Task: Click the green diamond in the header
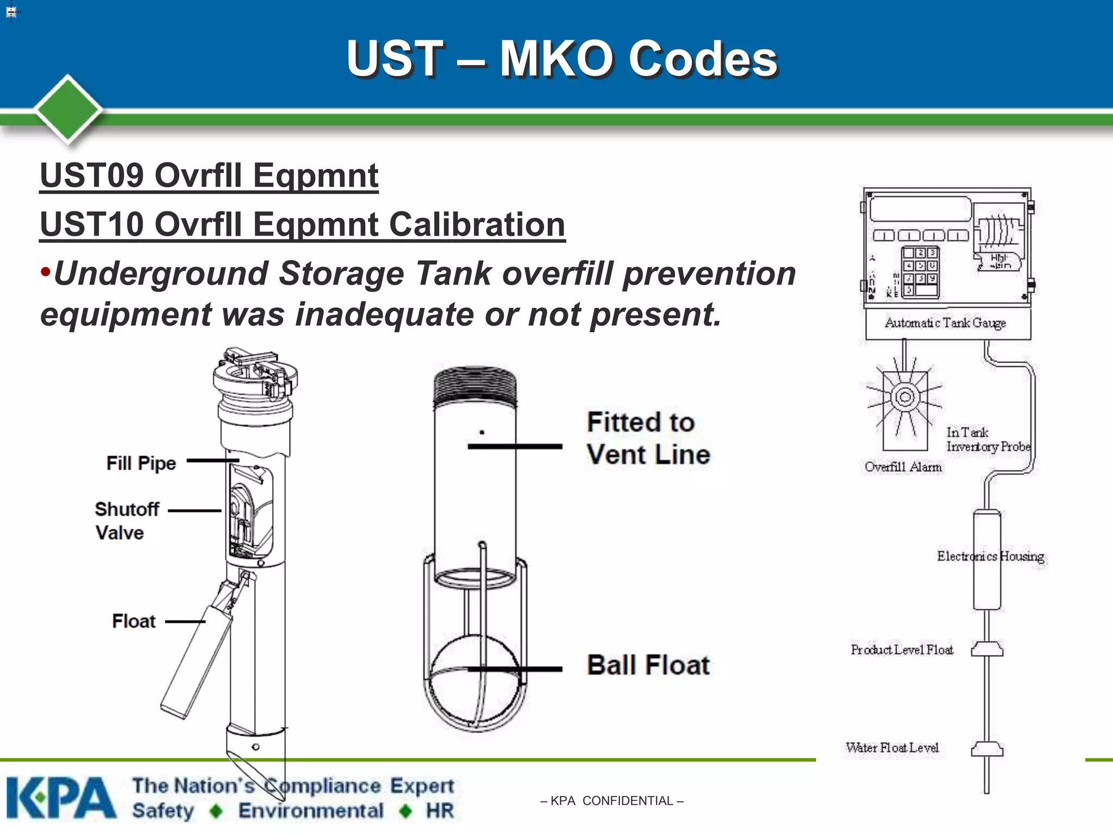coord(68,109)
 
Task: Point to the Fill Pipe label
coord(141,463)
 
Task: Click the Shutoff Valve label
coord(127,521)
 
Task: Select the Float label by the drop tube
coord(134,621)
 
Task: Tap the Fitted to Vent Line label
coord(648,438)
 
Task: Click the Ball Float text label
coord(648,665)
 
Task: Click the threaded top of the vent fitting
coord(475,386)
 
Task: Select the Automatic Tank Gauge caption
coord(945,323)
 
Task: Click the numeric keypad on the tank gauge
coord(920,271)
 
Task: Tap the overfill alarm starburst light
coord(905,397)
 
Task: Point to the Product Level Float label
coord(902,649)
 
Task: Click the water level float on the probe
coord(987,749)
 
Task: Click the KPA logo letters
coord(61,798)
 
